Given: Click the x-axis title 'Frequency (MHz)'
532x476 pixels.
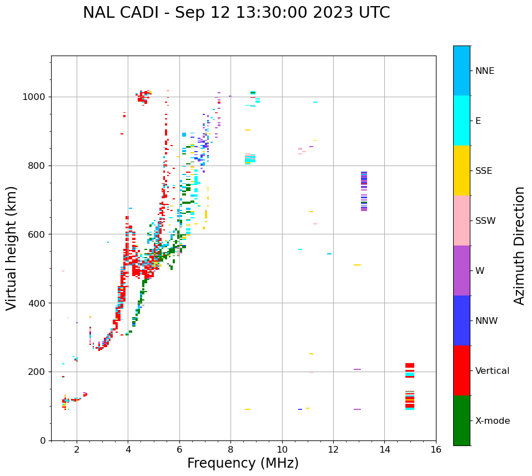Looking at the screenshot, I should tap(243, 463).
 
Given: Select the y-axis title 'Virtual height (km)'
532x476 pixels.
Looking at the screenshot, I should tap(12, 248).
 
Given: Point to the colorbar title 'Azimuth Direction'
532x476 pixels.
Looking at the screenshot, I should tap(519, 245).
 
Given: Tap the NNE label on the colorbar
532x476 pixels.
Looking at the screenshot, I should tap(484, 71).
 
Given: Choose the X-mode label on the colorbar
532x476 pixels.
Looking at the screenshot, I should tap(492, 421).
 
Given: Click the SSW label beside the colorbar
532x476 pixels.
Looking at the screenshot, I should tap(485, 221).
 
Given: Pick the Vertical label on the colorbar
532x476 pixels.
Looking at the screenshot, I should tap(492, 371).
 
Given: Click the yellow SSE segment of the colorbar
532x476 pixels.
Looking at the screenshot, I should tap(461, 170).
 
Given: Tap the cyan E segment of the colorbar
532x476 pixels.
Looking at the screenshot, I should tap(461, 121).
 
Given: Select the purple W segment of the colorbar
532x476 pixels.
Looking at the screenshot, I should tap(461, 270).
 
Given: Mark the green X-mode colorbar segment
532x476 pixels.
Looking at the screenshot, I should tap(461, 420).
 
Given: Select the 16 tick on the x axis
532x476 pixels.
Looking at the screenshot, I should tap(436, 449).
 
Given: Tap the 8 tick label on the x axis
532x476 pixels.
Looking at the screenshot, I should tap(230, 449).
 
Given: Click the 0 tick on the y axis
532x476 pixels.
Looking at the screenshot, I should tap(42, 440).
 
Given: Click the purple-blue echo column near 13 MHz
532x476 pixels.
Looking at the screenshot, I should tap(364, 191).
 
